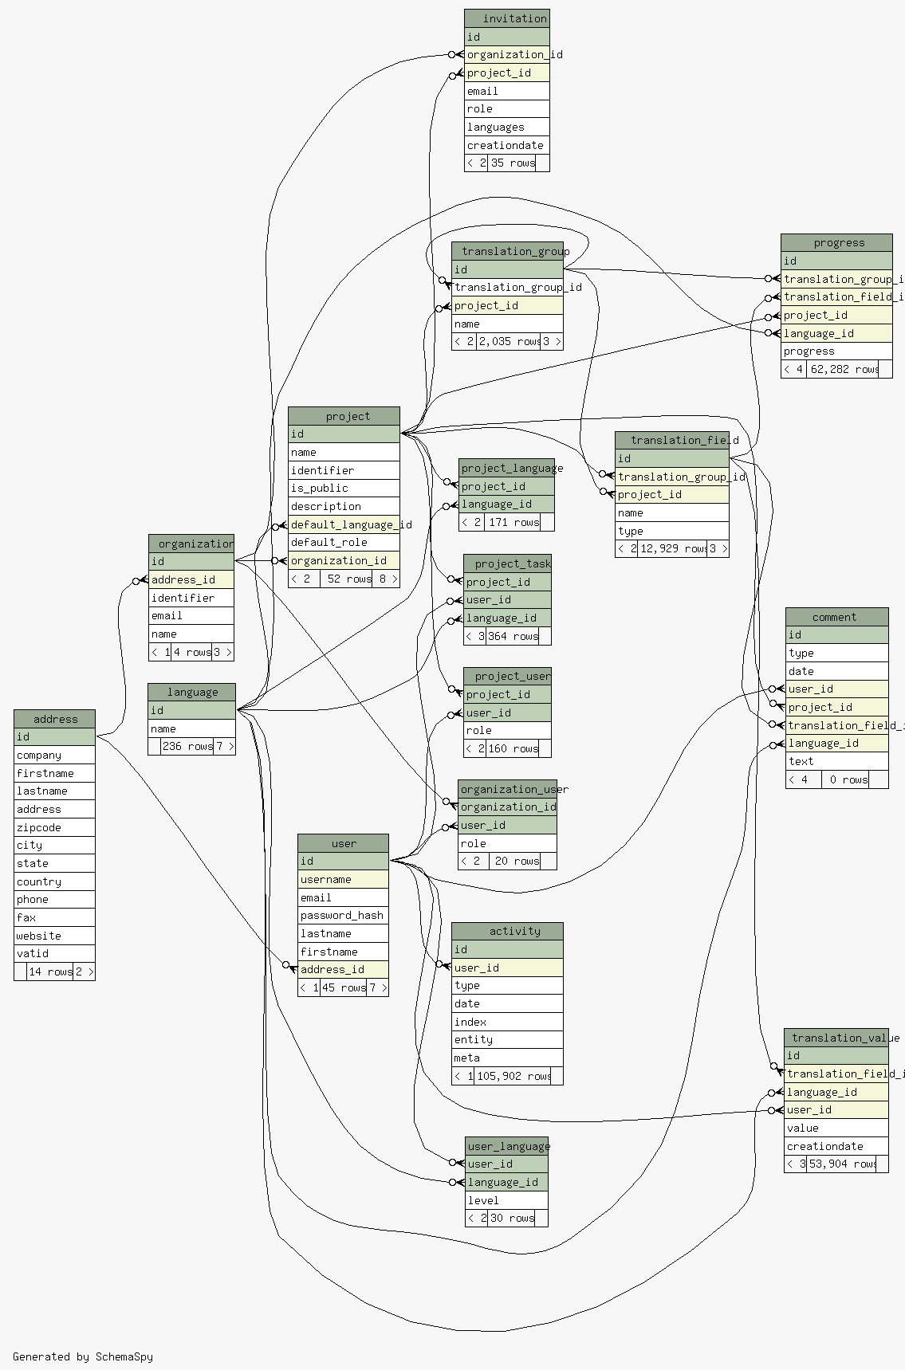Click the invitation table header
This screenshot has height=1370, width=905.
click(506, 18)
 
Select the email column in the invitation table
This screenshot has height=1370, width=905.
click(506, 91)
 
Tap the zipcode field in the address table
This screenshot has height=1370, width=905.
click(54, 827)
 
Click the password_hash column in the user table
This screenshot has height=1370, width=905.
click(343, 915)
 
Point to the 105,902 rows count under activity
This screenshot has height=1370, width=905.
click(514, 1076)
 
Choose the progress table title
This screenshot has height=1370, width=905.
click(836, 243)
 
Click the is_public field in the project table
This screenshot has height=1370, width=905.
click(344, 488)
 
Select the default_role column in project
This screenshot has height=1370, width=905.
click(344, 542)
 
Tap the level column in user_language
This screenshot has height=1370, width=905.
click(506, 1200)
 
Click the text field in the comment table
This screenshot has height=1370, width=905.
click(836, 761)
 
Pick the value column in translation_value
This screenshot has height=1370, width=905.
click(836, 1128)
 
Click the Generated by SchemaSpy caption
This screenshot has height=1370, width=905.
click(83, 1356)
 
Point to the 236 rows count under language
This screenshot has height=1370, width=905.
click(187, 747)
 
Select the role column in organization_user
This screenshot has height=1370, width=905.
click(507, 843)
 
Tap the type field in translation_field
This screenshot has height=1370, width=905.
click(671, 531)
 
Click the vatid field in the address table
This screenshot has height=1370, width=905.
click(54, 953)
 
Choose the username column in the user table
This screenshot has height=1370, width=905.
click(343, 879)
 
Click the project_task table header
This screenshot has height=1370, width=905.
click(507, 563)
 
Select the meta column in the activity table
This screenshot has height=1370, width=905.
click(507, 1058)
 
